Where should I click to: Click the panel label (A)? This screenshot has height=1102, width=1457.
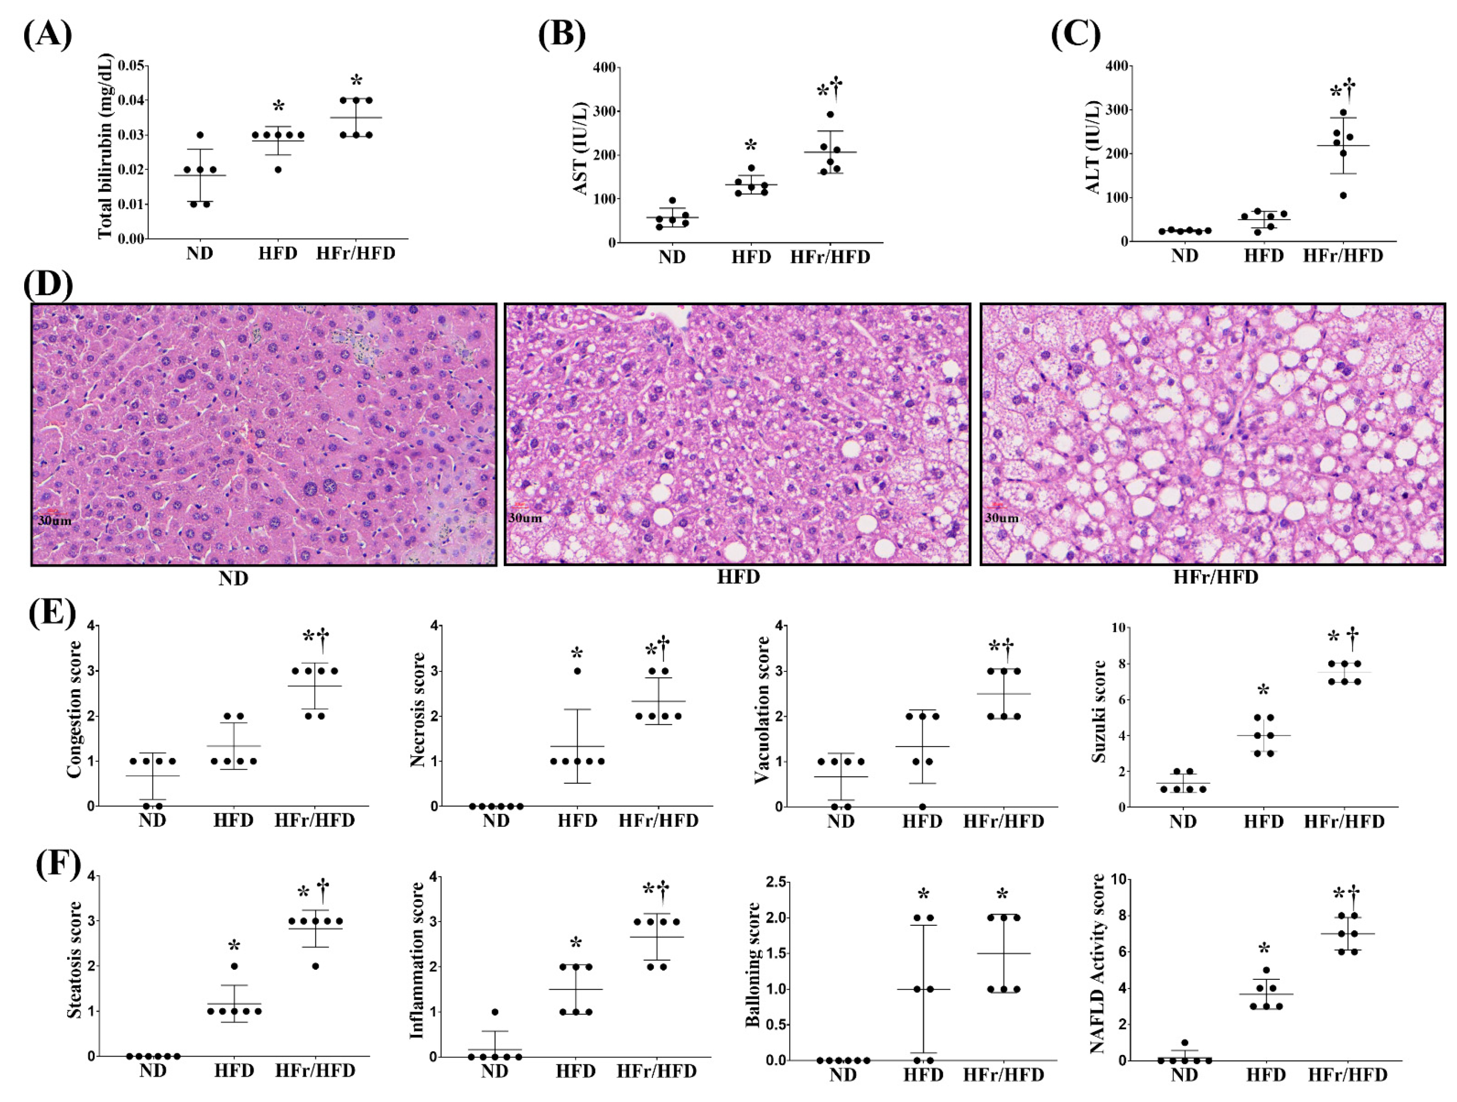click(x=47, y=34)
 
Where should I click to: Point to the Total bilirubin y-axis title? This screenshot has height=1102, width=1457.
click(x=106, y=146)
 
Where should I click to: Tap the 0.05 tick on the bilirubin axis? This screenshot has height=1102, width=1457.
click(x=131, y=65)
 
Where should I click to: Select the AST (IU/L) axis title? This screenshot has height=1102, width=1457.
click(x=580, y=148)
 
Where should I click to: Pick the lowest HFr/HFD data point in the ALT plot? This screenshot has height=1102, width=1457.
click(x=1343, y=195)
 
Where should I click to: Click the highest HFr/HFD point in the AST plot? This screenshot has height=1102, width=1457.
click(x=831, y=114)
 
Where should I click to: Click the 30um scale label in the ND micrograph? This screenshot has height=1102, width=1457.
click(x=55, y=521)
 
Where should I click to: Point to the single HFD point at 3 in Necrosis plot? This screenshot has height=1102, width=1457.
click(x=577, y=671)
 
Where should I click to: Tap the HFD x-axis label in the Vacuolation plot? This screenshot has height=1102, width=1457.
click(x=922, y=821)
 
